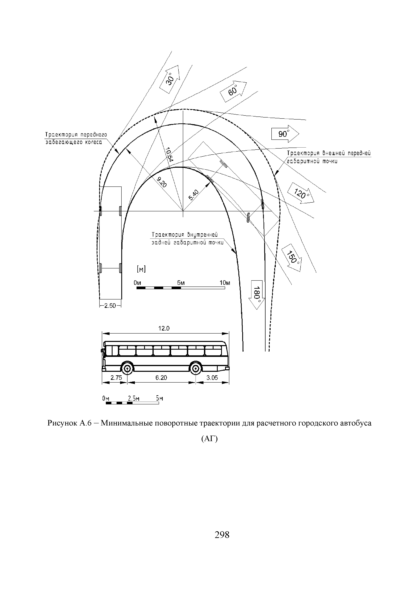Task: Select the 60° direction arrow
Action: click(x=233, y=91)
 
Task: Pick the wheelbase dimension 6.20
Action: click(x=161, y=378)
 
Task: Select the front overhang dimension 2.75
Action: click(x=116, y=378)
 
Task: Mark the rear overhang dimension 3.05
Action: click(x=212, y=378)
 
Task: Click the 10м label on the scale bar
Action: click(x=225, y=283)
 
